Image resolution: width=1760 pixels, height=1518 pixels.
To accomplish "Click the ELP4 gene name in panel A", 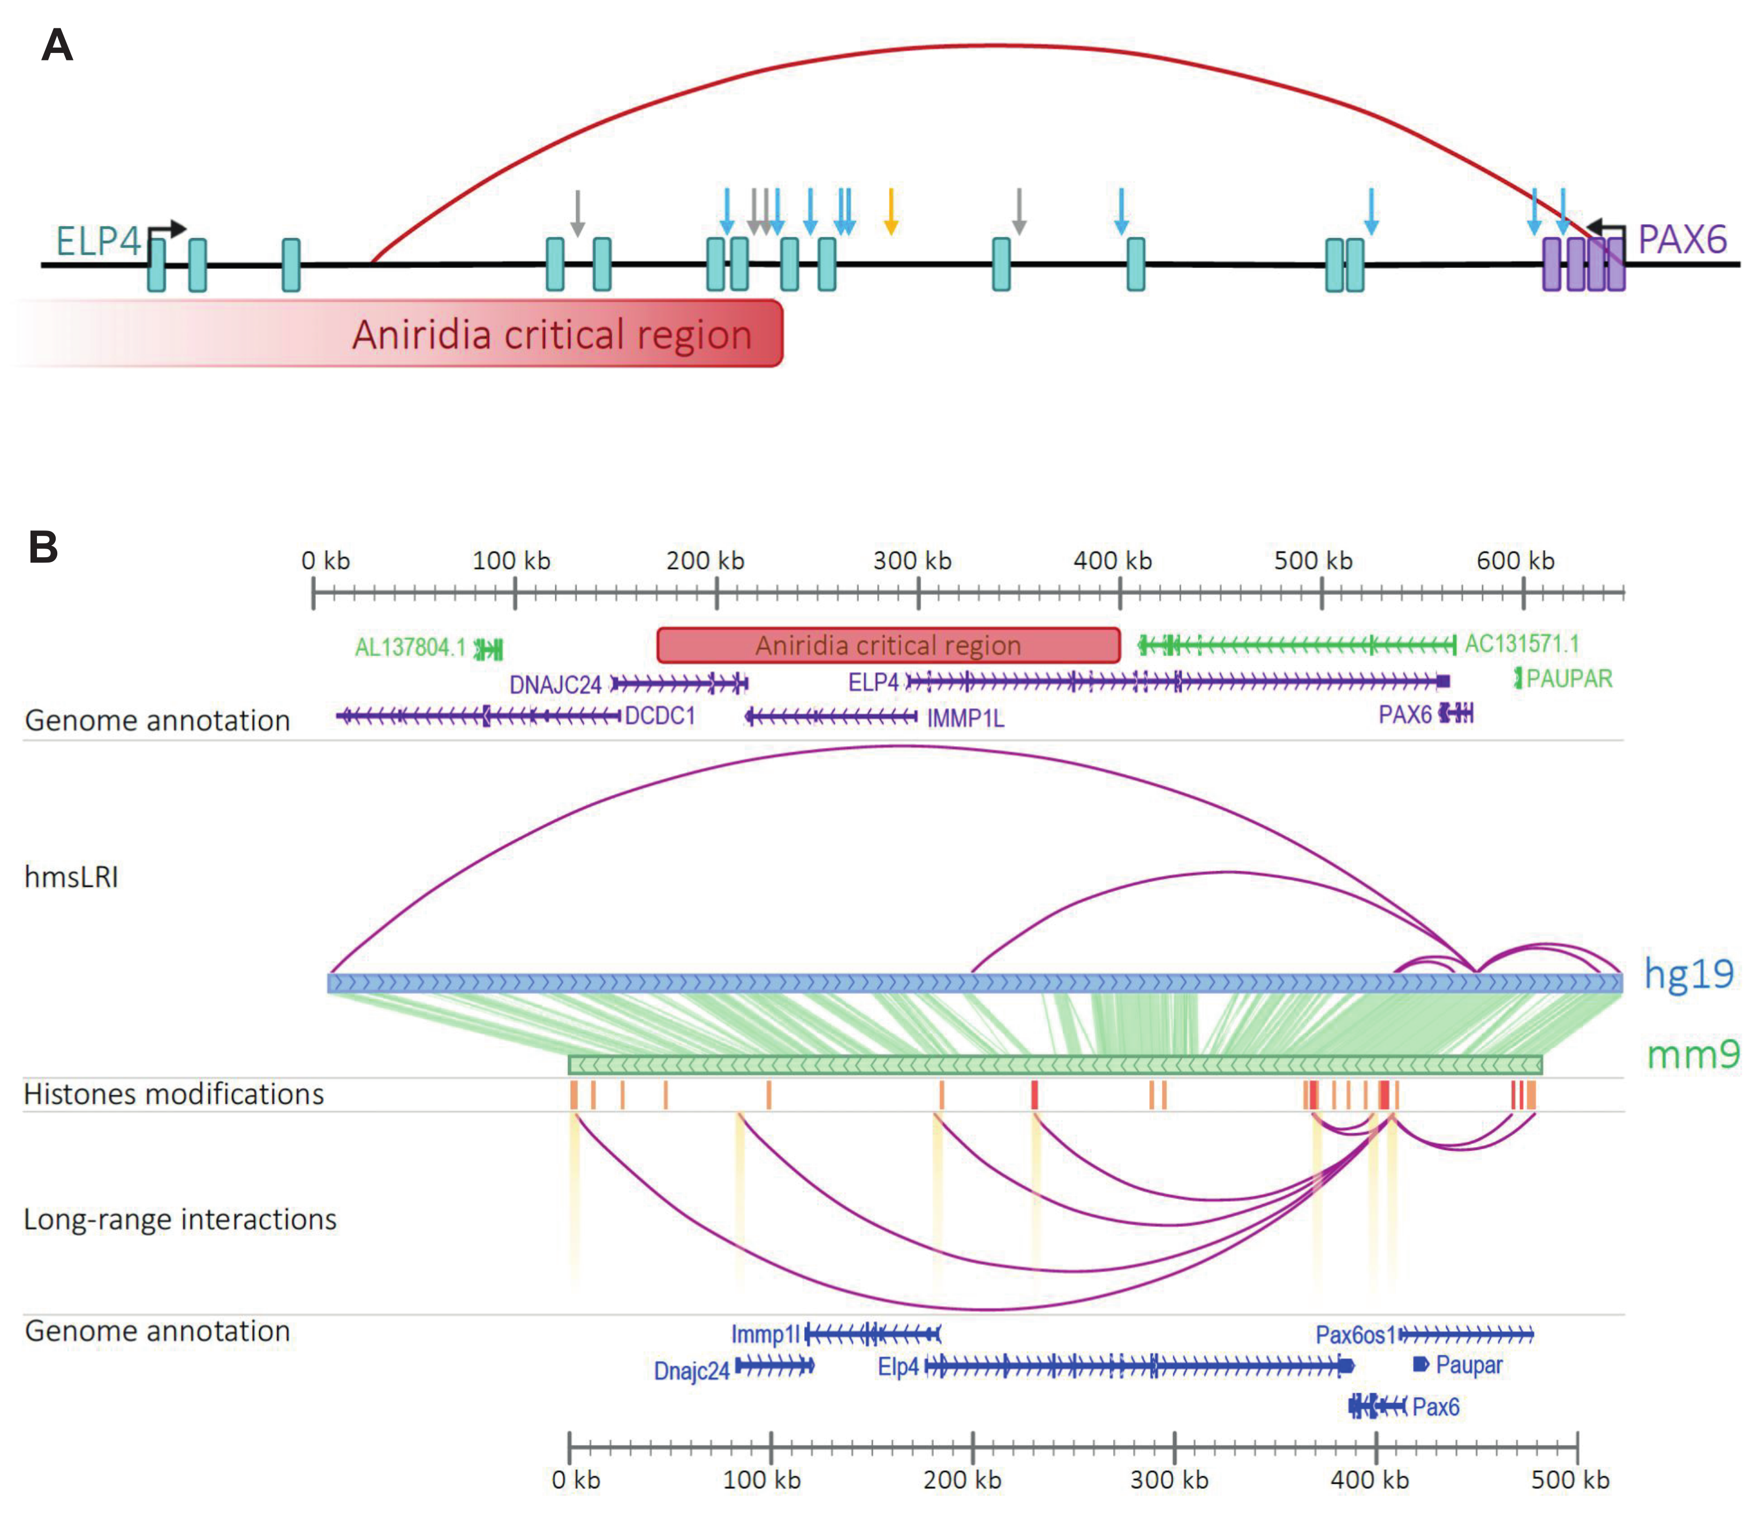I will pos(97,241).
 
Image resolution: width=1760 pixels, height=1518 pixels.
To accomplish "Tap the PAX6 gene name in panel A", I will pos(1682,239).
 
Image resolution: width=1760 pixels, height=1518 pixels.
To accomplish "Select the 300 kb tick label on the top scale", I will pos(912,561).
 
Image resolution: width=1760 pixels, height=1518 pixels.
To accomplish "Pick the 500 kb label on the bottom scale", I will pos(1570,1480).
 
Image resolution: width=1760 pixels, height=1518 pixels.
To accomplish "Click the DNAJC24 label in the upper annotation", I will pos(555,684).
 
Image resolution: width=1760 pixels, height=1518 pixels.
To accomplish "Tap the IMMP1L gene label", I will pos(965,719).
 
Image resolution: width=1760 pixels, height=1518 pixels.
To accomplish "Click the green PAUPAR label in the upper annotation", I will pos(1569,678).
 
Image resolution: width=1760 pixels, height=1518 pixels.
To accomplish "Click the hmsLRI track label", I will pos(71,876).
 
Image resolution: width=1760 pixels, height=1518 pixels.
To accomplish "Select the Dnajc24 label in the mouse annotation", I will pos(691,1371).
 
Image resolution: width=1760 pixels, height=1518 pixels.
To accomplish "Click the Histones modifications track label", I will pos(173,1095).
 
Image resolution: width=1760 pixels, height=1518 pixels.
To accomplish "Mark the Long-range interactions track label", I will pos(180,1219).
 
